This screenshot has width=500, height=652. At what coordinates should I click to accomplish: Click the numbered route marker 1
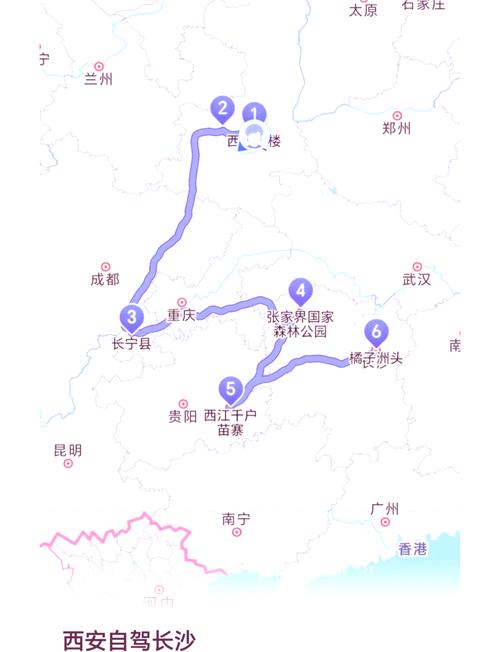(255, 115)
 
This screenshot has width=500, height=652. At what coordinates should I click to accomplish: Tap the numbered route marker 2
(222, 108)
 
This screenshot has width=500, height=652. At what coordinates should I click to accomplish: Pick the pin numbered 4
(300, 291)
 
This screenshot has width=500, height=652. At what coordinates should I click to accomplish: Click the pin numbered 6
(376, 331)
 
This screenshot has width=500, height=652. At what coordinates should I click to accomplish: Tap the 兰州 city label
(99, 79)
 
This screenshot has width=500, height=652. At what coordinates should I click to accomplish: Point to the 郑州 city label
(397, 128)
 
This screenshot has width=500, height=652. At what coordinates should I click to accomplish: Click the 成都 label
(104, 280)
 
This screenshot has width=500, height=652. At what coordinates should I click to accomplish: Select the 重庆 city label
(181, 315)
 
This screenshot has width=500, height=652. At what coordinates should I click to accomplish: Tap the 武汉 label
(416, 280)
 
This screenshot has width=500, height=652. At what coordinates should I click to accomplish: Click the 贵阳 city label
(183, 416)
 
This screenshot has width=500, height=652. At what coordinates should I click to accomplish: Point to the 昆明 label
(68, 450)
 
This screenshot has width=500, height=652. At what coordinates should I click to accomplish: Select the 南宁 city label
(236, 518)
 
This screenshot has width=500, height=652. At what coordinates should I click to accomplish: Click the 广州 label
(385, 509)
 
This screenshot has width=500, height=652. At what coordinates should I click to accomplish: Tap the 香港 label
(412, 548)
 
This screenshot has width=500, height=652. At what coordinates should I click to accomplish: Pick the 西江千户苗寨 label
(230, 422)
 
